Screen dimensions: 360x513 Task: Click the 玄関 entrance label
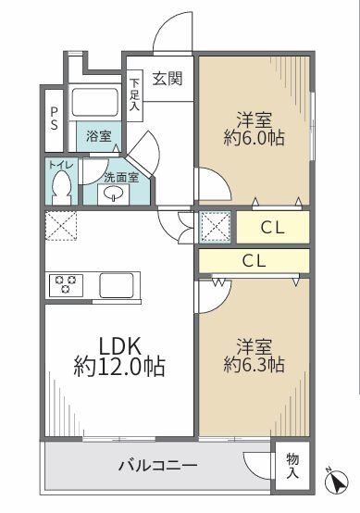[x=168, y=79]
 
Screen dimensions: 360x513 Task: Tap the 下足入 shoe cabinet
[x=134, y=95]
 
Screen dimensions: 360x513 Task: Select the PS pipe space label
[x=54, y=119]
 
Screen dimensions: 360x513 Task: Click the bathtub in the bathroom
[x=94, y=102]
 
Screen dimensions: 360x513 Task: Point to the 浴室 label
[x=99, y=136]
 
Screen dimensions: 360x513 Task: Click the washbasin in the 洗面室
[x=113, y=194]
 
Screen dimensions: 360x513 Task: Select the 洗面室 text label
[x=121, y=178]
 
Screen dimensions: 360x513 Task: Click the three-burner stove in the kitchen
[x=66, y=285]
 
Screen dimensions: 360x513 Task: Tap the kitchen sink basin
[x=117, y=285]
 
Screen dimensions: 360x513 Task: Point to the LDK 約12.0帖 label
[x=119, y=357]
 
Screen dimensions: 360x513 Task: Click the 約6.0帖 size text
[x=254, y=138]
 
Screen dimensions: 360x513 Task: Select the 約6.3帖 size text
[x=254, y=365]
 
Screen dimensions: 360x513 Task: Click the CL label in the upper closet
[x=272, y=228]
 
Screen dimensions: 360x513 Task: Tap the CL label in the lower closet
[x=254, y=261]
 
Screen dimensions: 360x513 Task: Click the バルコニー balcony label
[x=157, y=465]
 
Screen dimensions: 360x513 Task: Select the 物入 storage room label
[x=292, y=466]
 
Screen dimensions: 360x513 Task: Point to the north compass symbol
[x=337, y=481]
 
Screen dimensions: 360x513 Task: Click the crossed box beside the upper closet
[x=215, y=227]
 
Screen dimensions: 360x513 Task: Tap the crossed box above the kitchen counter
[x=61, y=226]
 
